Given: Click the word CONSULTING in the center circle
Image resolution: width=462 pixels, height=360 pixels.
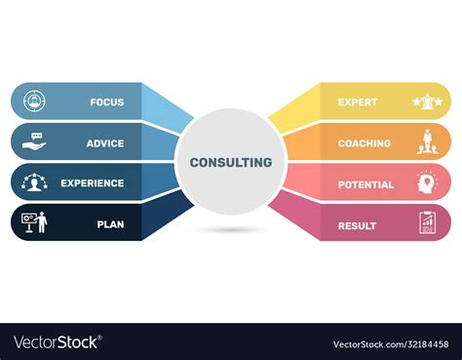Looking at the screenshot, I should [231, 162].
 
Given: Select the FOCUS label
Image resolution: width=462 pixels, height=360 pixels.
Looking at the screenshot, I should [107, 101].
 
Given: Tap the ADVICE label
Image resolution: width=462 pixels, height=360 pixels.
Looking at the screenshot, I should [105, 143].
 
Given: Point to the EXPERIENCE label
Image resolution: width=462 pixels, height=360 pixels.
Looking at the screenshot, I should [93, 183].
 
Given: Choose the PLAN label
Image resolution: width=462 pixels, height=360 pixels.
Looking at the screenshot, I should [110, 224].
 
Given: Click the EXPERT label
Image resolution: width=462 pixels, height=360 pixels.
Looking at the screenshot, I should [358, 101].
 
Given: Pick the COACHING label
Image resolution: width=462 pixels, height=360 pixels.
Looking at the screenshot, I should [365, 143].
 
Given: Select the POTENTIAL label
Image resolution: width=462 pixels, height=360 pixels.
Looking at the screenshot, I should [366, 184].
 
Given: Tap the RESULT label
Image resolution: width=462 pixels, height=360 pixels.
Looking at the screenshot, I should [357, 225].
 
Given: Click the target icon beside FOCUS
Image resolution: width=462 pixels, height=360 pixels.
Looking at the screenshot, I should [33, 100].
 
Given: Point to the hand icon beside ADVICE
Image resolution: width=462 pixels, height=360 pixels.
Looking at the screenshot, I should [34, 142].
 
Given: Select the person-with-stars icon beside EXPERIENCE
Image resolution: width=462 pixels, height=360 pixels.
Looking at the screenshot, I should [34, 183].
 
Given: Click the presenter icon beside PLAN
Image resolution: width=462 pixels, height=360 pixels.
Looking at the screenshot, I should [34, 224].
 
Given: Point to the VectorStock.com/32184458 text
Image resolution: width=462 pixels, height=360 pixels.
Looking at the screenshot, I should [390, 342].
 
